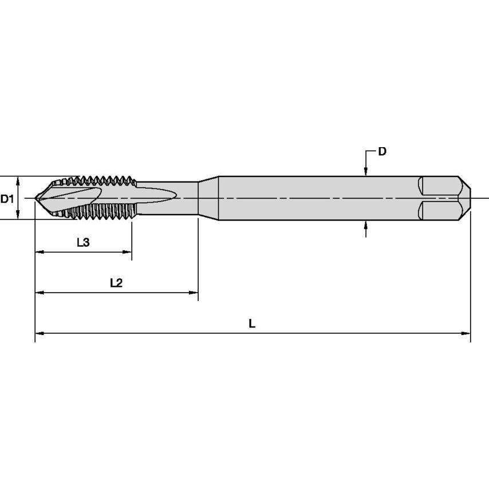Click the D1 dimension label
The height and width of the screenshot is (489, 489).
tap(7, 199)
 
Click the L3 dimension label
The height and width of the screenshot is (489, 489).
tap(83, 242)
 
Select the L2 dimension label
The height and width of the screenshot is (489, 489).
tap(116, 283)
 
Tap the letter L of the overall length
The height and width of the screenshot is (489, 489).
tap(252, 324)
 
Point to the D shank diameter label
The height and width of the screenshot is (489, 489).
tap(382, 152)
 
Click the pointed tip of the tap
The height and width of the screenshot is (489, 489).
tap(36, 198)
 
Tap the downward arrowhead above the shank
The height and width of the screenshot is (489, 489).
tap(366, 171)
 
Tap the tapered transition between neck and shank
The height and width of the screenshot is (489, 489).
tap(209, 198)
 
